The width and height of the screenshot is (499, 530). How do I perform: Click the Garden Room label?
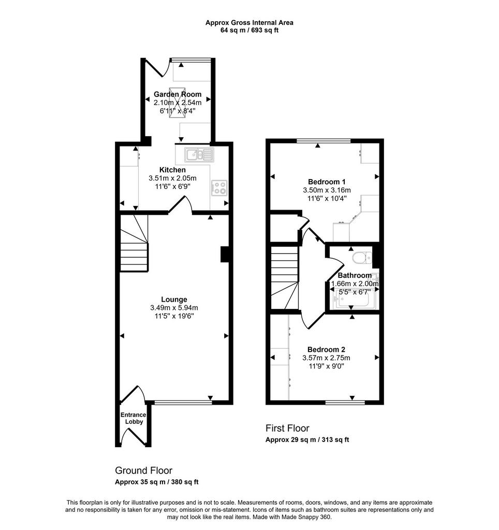coord(178,94)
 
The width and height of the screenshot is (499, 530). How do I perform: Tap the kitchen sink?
coord(199,155)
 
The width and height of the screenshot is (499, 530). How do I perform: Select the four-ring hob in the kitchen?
coord(219,188)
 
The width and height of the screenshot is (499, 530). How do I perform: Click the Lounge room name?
coord(174,300)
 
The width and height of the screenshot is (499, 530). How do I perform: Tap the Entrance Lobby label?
coord(134,418)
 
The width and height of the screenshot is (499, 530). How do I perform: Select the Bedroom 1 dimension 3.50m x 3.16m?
coord(327,190)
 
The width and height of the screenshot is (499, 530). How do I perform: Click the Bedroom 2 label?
coord(326,349)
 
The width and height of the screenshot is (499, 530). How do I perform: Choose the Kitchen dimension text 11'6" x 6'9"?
coord(173,186)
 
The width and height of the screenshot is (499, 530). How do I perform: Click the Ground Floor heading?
coord(144,470)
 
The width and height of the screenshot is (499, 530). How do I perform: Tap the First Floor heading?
coord(287,428)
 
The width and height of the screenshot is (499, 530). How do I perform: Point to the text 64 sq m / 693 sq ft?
coord(250,30)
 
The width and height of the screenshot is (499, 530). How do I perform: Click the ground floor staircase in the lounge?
coord(134,243)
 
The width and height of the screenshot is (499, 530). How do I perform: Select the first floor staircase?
coord(285,278)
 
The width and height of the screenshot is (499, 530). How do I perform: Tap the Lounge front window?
coord(183,402)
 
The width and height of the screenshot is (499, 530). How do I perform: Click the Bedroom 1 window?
coord(324,141)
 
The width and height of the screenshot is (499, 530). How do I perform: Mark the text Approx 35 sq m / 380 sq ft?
coord(156,482)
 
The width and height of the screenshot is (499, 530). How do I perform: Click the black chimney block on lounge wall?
coord(225,255)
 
